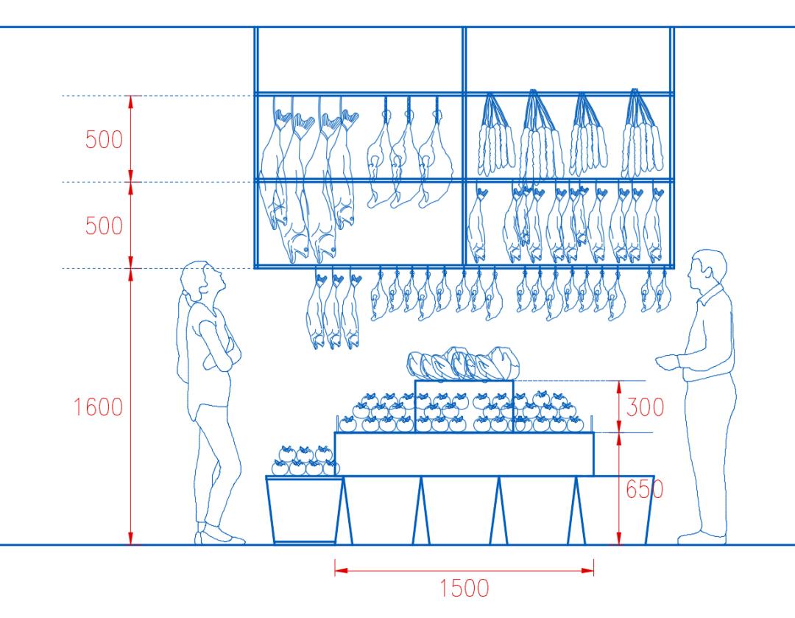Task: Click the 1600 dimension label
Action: (98, 407)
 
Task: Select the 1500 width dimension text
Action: (464, 589)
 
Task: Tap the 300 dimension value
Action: (645, 407)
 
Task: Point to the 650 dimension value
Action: (645, 489)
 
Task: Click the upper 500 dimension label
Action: (104, 139)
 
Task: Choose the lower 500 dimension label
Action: (104, 225)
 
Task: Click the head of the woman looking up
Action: (199, 278)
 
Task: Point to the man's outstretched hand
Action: (665, 361)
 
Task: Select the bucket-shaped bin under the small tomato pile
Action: (305, 509)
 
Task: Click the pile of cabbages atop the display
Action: (464, 363)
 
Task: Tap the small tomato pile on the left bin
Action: (303, 460)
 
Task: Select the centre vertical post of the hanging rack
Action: (464, 147)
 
